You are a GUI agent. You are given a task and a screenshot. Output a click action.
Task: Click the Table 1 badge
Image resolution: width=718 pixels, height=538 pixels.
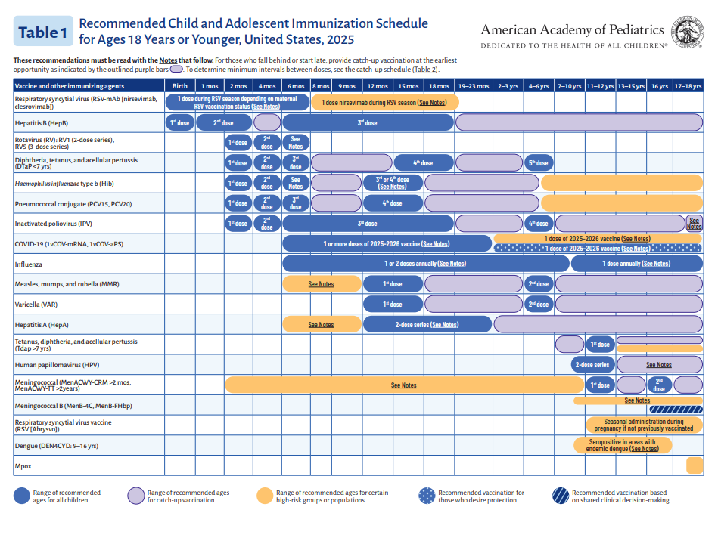pos(43,32)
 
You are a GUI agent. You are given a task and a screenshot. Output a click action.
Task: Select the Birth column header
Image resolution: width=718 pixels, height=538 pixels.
pos(180,86)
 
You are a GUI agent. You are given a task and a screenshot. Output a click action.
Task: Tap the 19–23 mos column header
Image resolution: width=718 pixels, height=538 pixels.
pos(474,86)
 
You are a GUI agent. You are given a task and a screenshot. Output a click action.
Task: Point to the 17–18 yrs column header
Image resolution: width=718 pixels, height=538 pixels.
pos(688,86)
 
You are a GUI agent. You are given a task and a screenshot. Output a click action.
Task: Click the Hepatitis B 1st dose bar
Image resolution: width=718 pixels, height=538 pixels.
pos(180,122)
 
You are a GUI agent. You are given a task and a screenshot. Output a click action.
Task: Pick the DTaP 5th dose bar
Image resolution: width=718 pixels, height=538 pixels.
pos(539,162)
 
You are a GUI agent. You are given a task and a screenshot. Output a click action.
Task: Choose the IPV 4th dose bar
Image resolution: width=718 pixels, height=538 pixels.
pos(539,224)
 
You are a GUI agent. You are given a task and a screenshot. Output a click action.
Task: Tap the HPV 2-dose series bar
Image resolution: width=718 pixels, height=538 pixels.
pos(592,364)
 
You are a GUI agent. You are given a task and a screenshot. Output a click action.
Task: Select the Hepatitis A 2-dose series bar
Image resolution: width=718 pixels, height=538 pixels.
pos(427,324)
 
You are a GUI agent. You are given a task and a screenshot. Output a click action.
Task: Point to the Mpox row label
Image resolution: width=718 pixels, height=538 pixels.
pos(23,465)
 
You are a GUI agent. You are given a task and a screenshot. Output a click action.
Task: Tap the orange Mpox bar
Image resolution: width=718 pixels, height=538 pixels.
pos(695,465)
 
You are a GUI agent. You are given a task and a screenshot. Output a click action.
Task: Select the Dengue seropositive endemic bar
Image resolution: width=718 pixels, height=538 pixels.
pos(621,445)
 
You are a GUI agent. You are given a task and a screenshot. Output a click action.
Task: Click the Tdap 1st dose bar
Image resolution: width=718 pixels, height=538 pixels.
pos(600,344)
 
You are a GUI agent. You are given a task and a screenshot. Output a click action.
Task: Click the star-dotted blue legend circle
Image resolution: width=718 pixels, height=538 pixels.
pos(427,496)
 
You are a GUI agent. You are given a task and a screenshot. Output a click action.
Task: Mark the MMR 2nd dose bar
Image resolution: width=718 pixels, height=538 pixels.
pos(539,284)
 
